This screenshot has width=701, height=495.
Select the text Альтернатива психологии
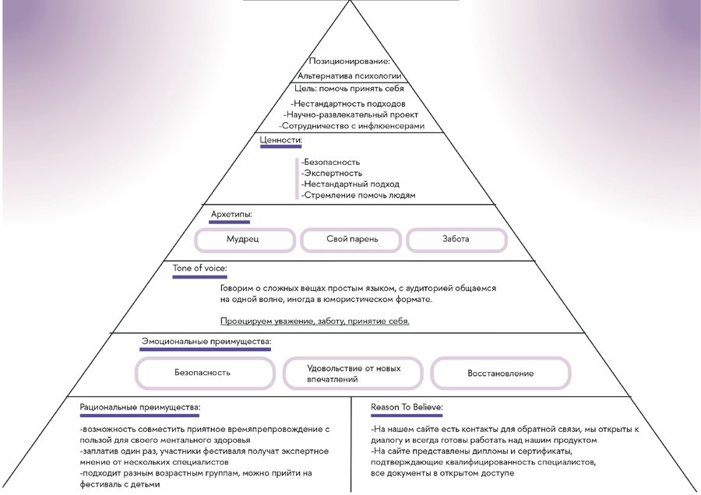coord(350,76)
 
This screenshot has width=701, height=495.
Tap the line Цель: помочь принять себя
coord(350,89)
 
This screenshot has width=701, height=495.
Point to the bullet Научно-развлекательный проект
coord(350,114)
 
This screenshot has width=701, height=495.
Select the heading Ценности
coord(280,140)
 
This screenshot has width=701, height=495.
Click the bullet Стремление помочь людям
coord(358,195)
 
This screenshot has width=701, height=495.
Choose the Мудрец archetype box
coord(243,239)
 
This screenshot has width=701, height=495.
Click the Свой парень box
coord(350,239)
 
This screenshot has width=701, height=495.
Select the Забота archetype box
coord(456,239)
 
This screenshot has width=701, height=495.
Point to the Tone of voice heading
coord(200,269)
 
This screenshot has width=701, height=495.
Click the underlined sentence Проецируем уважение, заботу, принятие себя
coord(315,321)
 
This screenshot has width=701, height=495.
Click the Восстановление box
coord(500,373)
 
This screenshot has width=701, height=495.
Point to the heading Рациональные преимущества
coord(140,407)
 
